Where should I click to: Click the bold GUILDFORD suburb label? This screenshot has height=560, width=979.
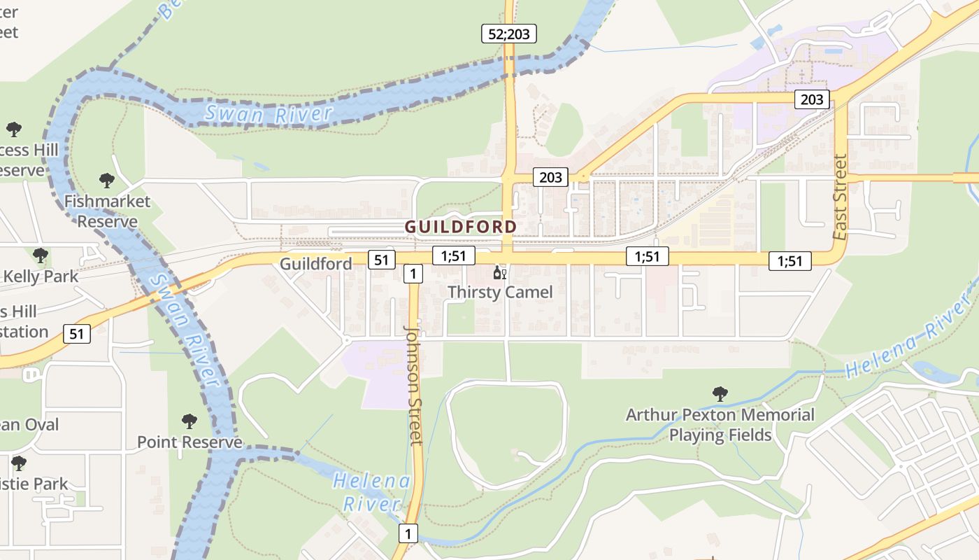pos(461,227)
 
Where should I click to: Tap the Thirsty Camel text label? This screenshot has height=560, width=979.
pos(500,292)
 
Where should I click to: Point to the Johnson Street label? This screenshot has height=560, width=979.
pos(415,385)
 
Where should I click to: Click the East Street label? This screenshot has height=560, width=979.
pos(840,197)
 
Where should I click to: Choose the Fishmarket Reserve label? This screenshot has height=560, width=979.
pos(107,211)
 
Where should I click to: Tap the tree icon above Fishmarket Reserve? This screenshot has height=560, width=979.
pos(107,181)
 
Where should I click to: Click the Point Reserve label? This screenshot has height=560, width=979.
pos(190,442)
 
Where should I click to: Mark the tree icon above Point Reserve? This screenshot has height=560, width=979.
pos(189,421)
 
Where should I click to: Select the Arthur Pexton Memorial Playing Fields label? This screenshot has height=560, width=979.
pos(720,425)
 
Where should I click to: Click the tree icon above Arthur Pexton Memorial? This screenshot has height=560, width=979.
pos(720,394)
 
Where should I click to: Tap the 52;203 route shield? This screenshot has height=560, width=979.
pos(508,34)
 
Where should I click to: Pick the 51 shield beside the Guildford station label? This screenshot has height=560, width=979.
pos(380,260)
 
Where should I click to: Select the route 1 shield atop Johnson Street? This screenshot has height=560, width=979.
pos(413,274)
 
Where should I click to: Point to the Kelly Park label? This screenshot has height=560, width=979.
pos(41,276)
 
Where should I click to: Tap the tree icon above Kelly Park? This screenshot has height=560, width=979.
pos(41,255)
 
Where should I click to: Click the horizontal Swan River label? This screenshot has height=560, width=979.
pos(269,114)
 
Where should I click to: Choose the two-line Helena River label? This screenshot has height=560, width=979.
pos(371,492)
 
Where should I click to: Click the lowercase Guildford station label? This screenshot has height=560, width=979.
pos(316,264)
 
